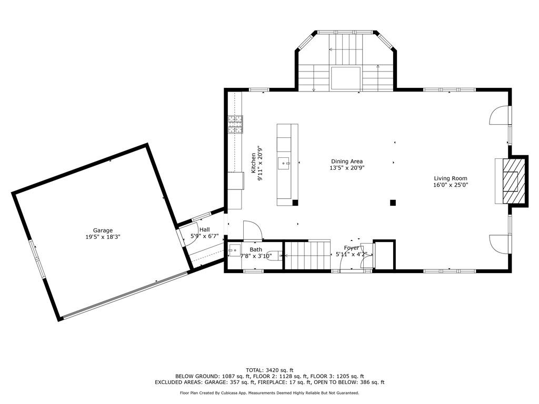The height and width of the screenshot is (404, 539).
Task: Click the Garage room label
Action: (103, 230)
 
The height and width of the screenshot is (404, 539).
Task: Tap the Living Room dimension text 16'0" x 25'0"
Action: (450, 185)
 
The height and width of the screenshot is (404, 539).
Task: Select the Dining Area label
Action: (346, 161)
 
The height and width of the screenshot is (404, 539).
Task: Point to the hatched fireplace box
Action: (510, 181)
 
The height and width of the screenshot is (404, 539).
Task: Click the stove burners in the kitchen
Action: (235, 124)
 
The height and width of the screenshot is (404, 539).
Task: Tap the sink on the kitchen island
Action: (285, 164)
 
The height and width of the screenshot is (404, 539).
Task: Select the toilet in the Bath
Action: (274, 256)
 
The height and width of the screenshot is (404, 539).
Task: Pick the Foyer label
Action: (351, 248)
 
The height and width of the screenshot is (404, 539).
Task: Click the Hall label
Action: (204, 230)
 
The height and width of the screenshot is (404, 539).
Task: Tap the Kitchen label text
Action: (253, 163)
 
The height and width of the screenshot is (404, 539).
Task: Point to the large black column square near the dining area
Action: (393, 203)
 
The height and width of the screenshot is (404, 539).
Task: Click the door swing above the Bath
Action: (252, 230)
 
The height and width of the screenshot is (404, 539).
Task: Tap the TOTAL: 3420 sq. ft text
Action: (269, 370)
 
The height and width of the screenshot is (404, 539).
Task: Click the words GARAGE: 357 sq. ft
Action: (234, 382)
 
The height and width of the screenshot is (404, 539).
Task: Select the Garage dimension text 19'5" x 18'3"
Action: (103, 237)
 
